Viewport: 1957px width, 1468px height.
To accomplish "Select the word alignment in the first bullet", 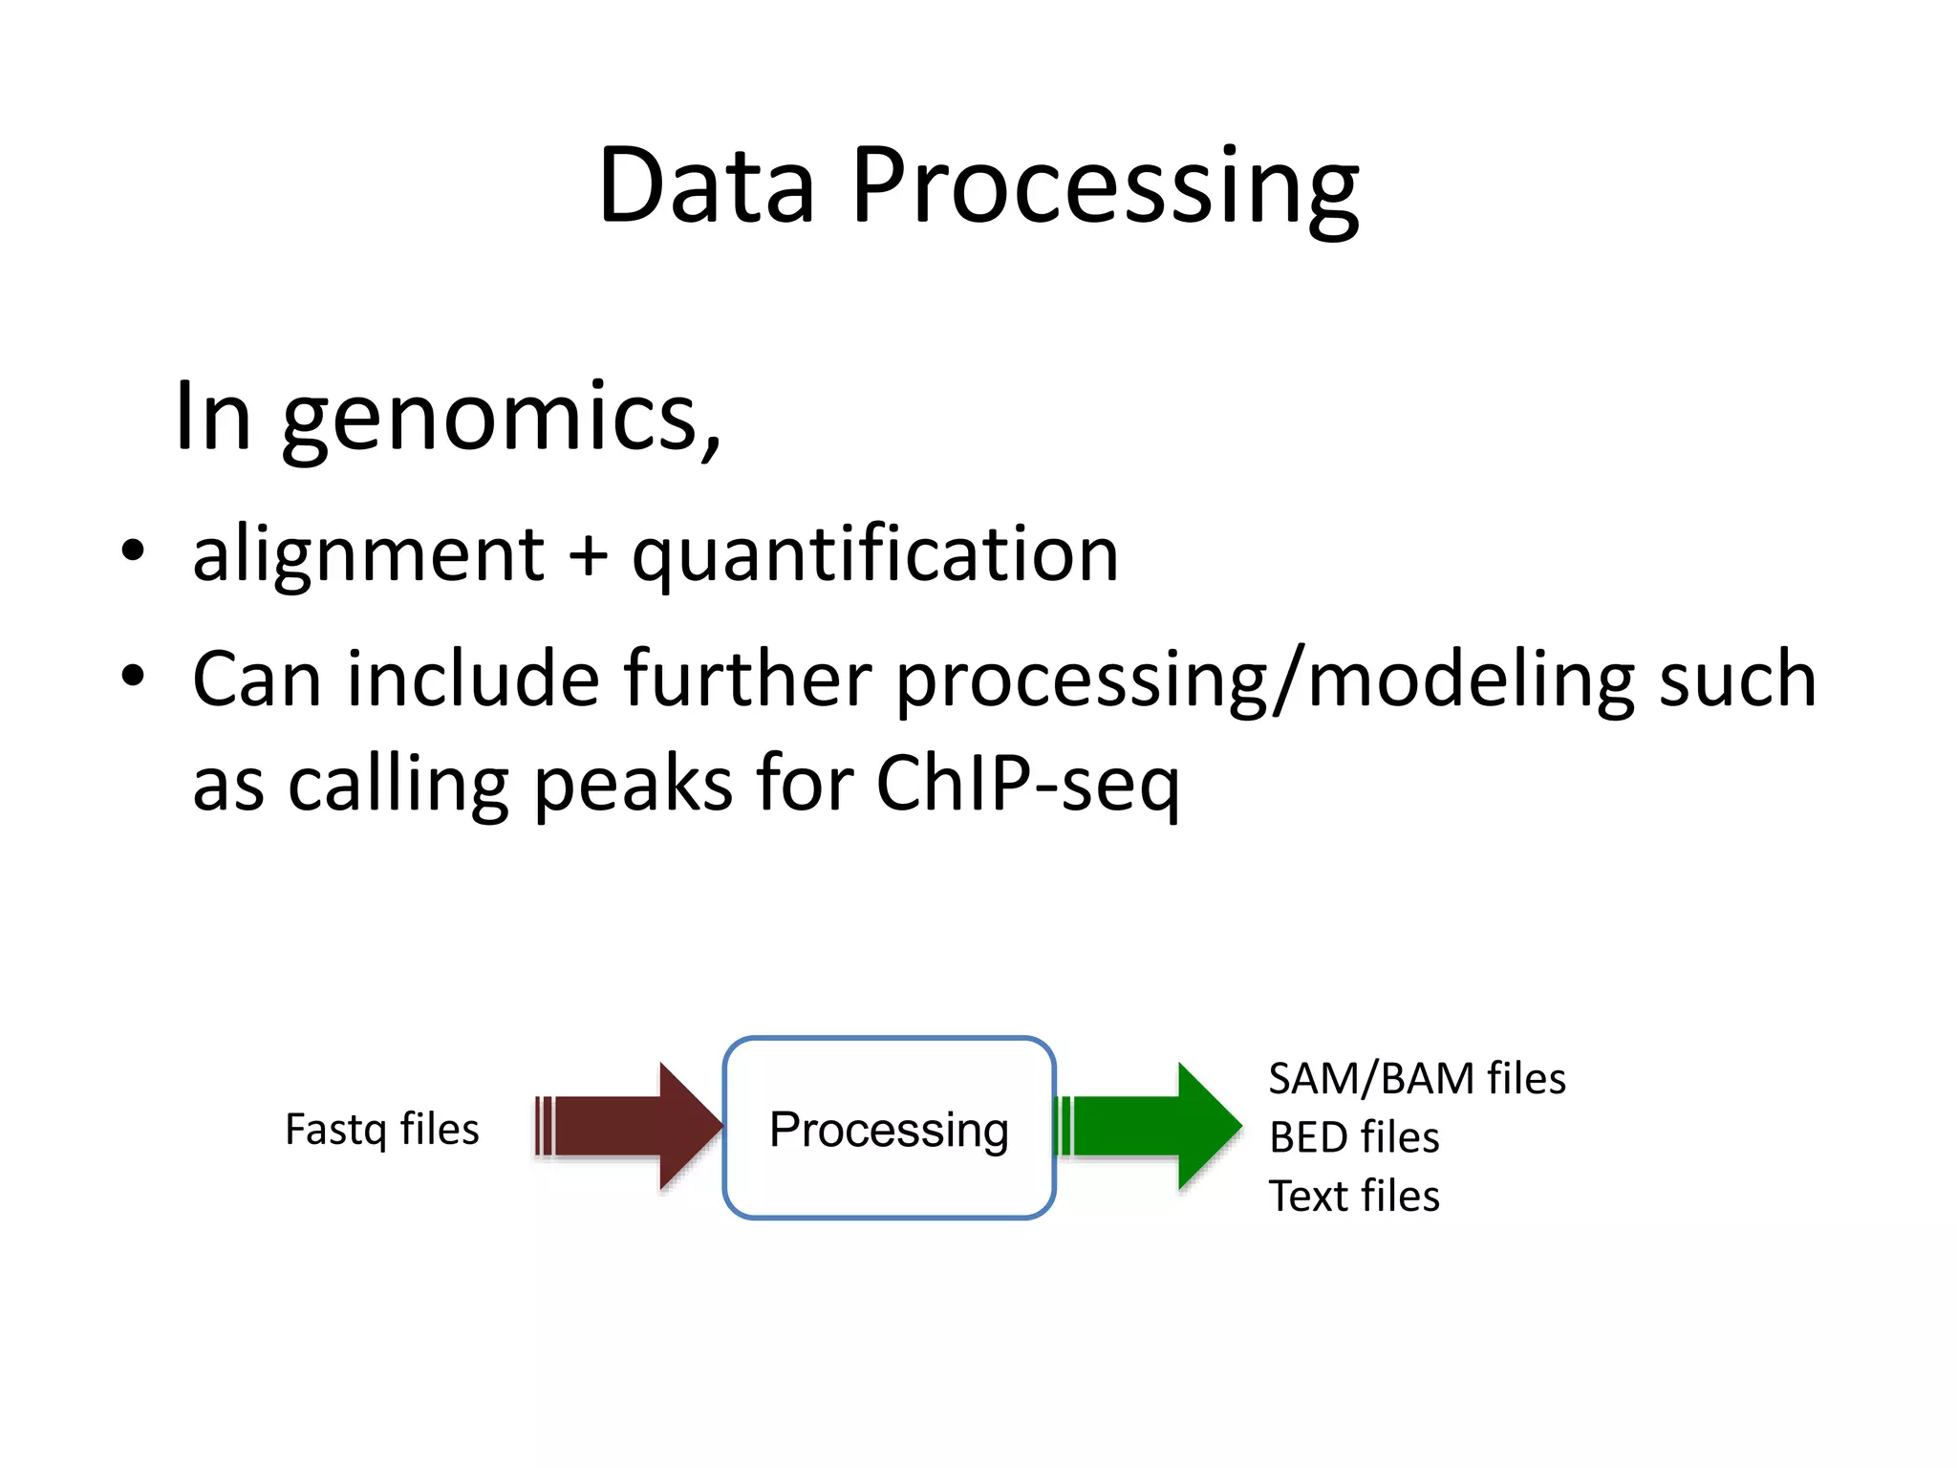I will click(368, 554).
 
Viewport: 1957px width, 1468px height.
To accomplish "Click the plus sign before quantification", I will click(588, 556).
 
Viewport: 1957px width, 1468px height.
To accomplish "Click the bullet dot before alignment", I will click(133, 551).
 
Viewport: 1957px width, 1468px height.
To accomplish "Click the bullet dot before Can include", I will click(133, 676).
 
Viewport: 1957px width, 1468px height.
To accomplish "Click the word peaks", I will click(631, 784).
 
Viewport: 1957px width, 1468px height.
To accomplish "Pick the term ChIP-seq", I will click(1027, 784).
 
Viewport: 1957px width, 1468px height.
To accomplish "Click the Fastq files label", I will click(381, 1130).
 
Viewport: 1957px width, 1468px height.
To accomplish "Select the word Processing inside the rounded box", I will click(889, 1130).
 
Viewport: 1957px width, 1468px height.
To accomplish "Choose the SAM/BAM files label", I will click(1416, 1079).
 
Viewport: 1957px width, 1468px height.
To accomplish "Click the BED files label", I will click(1353, 1137).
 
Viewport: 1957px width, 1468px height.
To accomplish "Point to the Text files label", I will click(1353, 1197).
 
